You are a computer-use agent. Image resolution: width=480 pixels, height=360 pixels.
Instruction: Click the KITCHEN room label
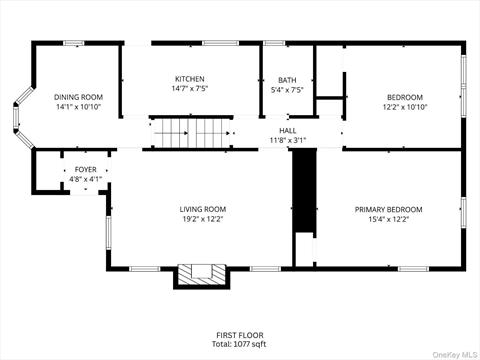tap(190, 79)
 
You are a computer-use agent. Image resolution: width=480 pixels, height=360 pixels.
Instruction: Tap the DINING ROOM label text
tap(78, 97)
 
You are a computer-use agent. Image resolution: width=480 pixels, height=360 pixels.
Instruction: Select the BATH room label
tap(287, 80)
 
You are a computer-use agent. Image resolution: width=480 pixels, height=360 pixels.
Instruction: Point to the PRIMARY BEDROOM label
tap(388, 210)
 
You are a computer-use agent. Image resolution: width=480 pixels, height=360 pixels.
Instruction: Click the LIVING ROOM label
tap(203, 209)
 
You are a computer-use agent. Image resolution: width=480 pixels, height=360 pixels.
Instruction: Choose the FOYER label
tap(86, 170)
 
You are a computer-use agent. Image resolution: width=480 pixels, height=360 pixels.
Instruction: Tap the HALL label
tap(287, 131)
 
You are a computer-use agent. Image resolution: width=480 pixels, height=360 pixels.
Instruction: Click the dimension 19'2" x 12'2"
tap(203, 219)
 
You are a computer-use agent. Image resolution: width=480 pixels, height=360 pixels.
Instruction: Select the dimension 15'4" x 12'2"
tap(389, 219)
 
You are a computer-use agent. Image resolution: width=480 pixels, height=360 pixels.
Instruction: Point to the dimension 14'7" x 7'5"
tap(190, 89)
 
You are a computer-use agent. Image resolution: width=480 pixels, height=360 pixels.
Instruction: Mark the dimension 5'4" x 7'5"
tap(287, 90)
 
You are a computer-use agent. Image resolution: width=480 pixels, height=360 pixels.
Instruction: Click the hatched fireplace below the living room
tap(202, 275)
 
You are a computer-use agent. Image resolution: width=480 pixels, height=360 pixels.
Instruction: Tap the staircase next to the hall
tap(191, 133)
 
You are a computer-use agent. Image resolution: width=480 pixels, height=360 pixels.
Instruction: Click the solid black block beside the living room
tap(304, 190)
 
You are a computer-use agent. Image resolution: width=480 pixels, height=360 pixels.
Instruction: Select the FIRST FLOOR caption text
tap(240, 335)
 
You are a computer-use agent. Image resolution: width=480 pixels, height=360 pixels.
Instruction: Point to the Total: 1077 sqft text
tap(239, 344)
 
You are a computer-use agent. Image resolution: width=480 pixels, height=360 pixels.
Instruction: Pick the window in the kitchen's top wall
tap(221, 43)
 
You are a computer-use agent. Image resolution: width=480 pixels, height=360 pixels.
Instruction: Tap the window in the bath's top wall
tap(275, 43)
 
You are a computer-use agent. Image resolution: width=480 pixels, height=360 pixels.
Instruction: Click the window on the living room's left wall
tap(109, 232)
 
